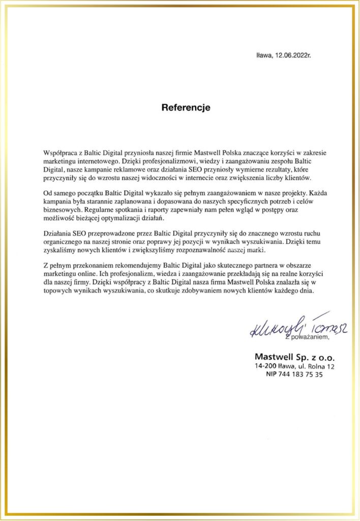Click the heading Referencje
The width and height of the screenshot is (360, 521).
coord(186,108)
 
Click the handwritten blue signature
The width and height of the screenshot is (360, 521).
coord(290,327)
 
